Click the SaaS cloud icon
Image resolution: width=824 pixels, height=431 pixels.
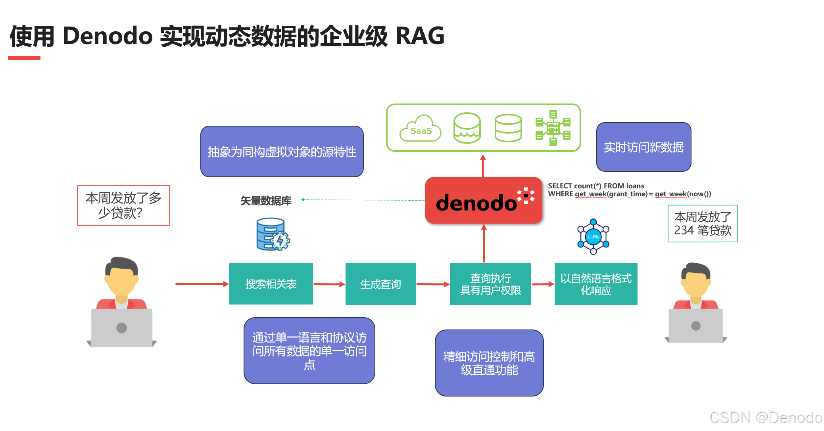pyautogui.click(x=421, y=128)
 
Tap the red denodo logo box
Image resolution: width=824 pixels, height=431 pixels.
pyautogui.click(x=483, y=201)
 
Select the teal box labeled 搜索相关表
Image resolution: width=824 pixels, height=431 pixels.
pyautogui.click(x=271, y=284)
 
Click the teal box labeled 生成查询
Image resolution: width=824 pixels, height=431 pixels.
pyautogui.click(x=380, y=284)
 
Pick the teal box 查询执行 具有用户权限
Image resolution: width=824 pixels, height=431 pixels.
pyautogui.click(x=490, y=284)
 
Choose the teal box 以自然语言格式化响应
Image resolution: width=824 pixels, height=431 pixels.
pyautogui.click(x=596, y=284)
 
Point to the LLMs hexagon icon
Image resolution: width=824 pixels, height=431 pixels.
pyautogui.click(x=593, y=237)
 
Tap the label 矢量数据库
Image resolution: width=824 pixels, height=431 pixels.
pyautogui.click(x=266, y=201)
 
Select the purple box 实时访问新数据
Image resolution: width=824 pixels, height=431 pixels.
pyautogui.click(x=643, y=147)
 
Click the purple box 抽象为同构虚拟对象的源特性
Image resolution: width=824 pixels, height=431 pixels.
pyautogui.click(x=282, y=151)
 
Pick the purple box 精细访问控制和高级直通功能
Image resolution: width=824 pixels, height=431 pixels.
pyautogui.click(x=489, y=363)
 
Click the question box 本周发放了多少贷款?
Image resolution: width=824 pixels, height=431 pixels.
pyautogui.click(x=123, y=205)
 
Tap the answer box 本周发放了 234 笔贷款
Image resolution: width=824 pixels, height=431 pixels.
pyautogui.click(x=703, y=224)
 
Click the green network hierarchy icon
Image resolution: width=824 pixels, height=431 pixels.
pyautogui.click(x=553, y=128)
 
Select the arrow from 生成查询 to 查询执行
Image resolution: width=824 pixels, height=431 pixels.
pyautogui.click(x=433, y=284)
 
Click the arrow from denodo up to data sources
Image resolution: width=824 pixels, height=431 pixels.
pyautogui.click(x=483, y=166)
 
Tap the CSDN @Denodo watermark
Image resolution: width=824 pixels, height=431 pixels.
pyautogui.click(x=765, y=418)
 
